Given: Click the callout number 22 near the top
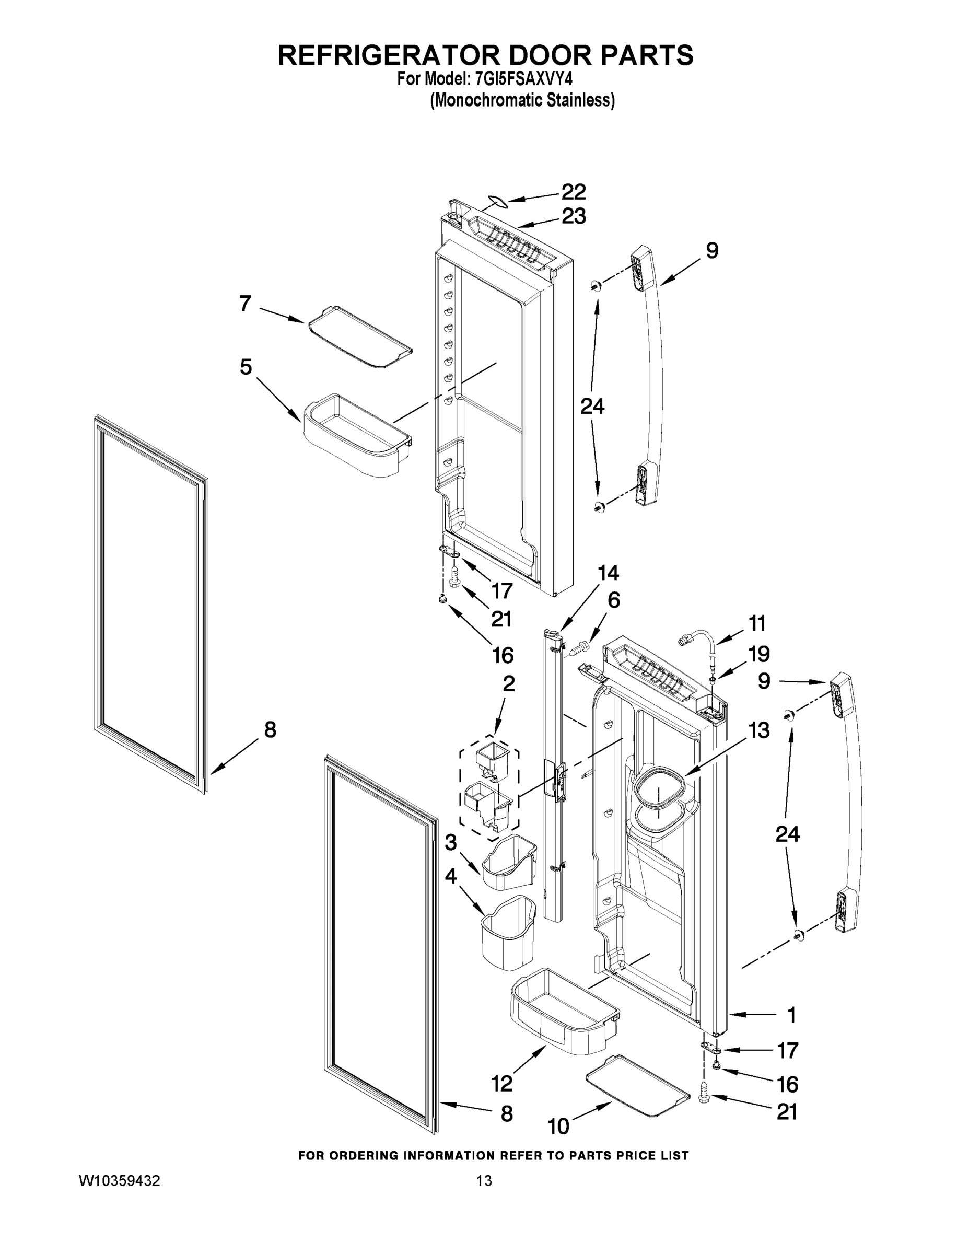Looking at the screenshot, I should tap(573, 192).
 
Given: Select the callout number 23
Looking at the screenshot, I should tap(573, 216).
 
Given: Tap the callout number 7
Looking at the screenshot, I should tap(245, 303).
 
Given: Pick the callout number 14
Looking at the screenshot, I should tap(608, 573).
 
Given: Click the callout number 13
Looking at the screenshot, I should tap(758, 730).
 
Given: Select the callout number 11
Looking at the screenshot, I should tap(756, 622).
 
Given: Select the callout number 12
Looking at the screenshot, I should tap(501, 1084).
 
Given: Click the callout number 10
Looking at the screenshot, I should tap(558, 1126).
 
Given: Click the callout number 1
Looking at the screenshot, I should tap(791, 1015).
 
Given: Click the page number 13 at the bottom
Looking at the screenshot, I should tap(484, 1180).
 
